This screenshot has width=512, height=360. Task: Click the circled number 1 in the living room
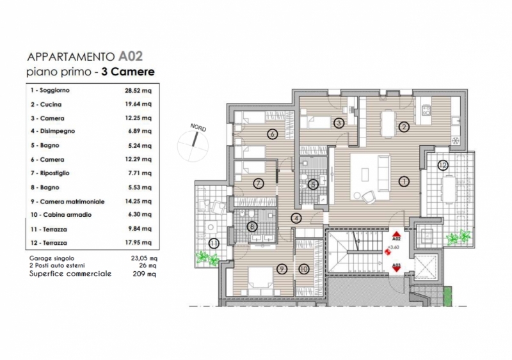pyautogui.click(x=404, y=182)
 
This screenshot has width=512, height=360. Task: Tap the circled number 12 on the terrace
pyautogui.click(x=443, y=166)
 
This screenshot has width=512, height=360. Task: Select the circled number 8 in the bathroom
pyautogui.click(x=252, y=226)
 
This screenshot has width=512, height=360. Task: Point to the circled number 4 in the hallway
pyautogui.click(x=296, y=218)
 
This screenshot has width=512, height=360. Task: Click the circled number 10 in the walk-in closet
pyautogui.click(x=304, y=269)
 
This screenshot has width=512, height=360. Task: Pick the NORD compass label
pyautogui.click(x=198, y=128)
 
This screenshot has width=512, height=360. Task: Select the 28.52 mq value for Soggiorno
pyautogui.click(x=138, y=90)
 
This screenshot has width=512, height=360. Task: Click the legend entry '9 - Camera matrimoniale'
pyautogui.click(x=68, y=201)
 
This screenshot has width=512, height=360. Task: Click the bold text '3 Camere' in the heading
pyautogui.click(x=127, y=72)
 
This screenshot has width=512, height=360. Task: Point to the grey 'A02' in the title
pyautogui.click(x=131, y=56)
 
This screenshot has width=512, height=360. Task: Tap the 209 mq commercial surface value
pyautogui.click(x=144, y=274)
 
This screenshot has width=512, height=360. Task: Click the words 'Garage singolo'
pyautogui.click(x=52, y=258)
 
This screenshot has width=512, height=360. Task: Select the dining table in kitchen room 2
pyautogui.click(x=388, y=123)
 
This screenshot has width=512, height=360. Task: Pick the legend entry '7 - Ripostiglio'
pyautogui.click(x=50, y=173)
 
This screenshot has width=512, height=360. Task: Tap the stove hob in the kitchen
pyautogui.click(x=426, y=110)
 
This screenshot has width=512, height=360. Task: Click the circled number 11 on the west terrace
pyautogui.click(x=214, y=244)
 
